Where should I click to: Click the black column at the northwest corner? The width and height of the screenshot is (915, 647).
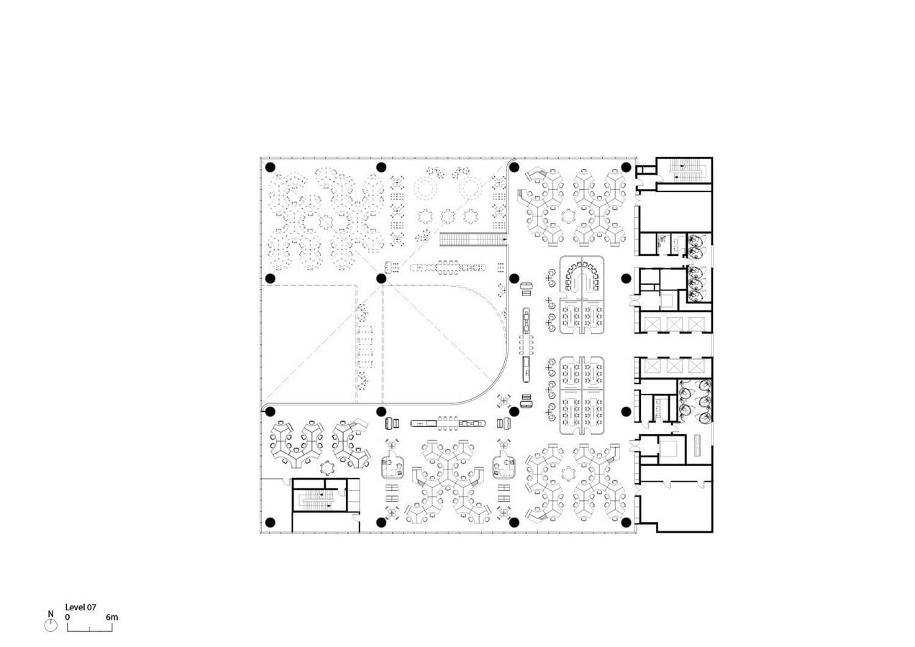(x=270, y=167)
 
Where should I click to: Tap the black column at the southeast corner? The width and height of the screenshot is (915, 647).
(x=626, y=522)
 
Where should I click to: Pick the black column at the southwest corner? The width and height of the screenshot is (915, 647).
(x=270, y=522)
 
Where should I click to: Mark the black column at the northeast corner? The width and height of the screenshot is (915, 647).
(x=626, y=167)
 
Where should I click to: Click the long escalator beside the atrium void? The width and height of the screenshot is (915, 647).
(x=473, y=239)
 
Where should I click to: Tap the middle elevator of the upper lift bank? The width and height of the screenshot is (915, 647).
(x=675, y=324)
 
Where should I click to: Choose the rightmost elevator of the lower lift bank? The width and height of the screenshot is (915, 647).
(x=696, y=366)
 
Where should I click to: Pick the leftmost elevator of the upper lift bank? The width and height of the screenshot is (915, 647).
(x=652, y=324)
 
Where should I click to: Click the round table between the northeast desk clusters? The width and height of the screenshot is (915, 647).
(x=568, y=216)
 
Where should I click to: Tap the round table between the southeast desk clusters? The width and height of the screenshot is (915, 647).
(x=568, y=474)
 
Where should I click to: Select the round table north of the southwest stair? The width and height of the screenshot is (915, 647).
(x=327, y=468)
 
